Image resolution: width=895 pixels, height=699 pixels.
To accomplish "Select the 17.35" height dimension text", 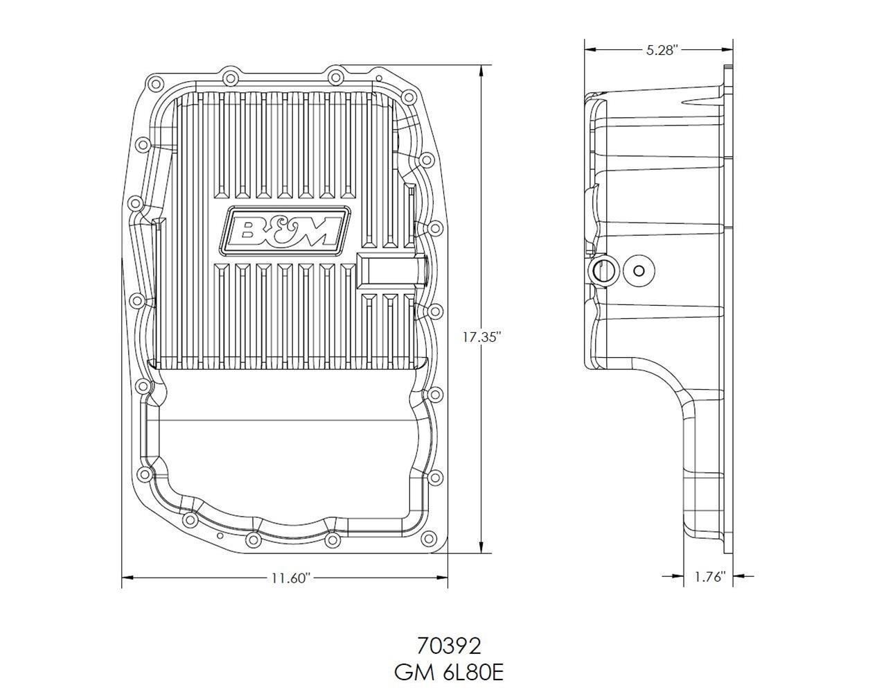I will pyautogui.click(x=481, y=337).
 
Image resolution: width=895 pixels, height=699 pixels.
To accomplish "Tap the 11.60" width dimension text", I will pyautogui.click(x=285, y=578).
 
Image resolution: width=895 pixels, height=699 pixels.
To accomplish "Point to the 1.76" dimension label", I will pyautogui.click(x=709, y=576).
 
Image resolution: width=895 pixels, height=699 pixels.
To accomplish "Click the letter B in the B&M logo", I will pyautogui.click(x=245, y=230).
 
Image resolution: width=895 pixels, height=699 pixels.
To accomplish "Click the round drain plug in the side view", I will pyautogui.click(x=638, y=271).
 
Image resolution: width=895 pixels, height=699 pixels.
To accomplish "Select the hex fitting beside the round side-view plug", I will pyautogui.click(x=601, y=271).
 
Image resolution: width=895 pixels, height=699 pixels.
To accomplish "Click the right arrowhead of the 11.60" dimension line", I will pyautogui.click(x=443, y=576).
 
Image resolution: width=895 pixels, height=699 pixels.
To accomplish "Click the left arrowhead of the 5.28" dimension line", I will pyautogui.click(x=590, y=49).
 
